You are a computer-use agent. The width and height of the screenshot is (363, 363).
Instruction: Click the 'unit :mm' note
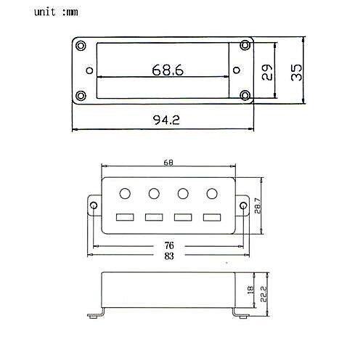click(x=56, y=12)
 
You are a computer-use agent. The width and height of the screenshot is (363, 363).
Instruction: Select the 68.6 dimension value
click(x=168, y=70)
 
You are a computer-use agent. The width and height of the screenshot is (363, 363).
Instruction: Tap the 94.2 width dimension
click(x=166, y=120)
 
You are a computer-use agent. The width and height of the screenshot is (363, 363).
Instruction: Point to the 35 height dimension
click(x=296, y=73)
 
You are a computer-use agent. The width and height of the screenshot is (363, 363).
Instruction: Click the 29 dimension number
click(x=267, y=72)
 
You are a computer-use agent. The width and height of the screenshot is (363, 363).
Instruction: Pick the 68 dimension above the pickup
click(x=168, y=163)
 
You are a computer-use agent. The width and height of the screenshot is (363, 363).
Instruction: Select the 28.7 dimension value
click(x=258, y=205)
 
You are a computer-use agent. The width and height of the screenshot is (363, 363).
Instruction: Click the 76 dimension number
click(x=169, y=245)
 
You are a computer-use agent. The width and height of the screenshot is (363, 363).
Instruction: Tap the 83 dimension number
click(x=169, y=256)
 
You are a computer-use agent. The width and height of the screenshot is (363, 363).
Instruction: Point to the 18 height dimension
click(x=250, y=289)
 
